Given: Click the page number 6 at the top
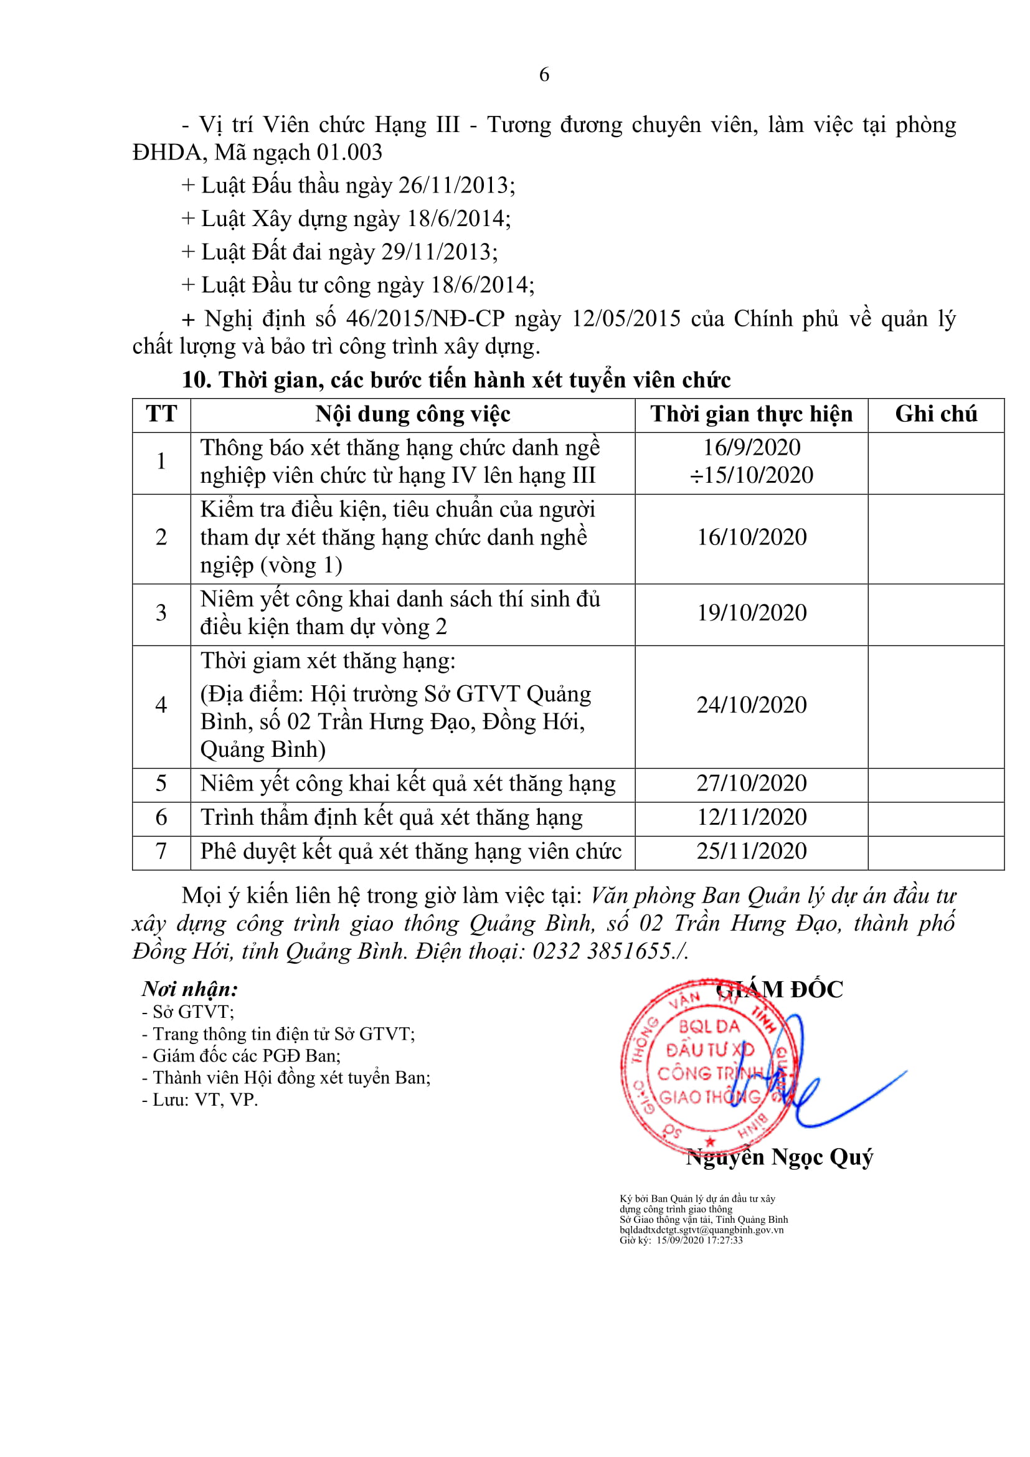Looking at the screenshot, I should pos(544,75).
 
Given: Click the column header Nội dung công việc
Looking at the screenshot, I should pos(412,414).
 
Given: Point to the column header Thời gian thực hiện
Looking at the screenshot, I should pos(751,414).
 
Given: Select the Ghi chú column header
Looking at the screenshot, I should pos(935,414).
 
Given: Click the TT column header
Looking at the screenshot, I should pos(161,414).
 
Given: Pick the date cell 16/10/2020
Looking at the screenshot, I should pos(752,538).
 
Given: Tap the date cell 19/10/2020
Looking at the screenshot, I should pos(752,613).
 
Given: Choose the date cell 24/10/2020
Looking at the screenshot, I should pos(752,705).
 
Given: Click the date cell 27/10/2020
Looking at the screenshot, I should pos(752,783).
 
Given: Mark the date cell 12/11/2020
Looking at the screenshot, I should pos(752,817).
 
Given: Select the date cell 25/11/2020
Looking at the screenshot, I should pos(752,851).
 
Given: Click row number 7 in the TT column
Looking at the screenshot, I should pos(161,851).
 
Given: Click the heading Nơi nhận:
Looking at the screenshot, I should pos(190,989).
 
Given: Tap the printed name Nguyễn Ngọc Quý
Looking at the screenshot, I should pos(780,1157).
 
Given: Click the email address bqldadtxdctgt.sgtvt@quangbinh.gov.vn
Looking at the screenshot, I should pos(701,1230).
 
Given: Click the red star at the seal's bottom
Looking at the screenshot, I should pos(711,1142).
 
